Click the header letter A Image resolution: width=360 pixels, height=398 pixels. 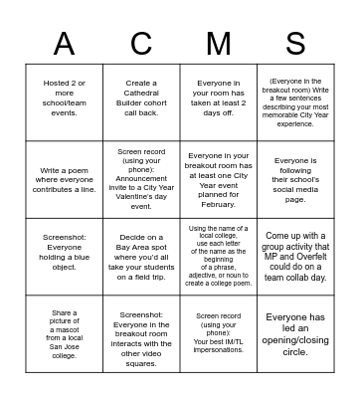64,43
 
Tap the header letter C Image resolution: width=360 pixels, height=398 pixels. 141,43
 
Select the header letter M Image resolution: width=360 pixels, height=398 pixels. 218,43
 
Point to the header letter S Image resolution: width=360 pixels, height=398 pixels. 295,43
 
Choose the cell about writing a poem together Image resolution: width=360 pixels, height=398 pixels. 64,180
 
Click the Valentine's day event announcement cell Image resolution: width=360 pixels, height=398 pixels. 141,180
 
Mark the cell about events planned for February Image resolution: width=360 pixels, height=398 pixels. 218,180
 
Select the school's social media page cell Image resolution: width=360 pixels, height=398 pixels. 295,180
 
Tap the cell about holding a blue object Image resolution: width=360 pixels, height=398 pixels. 64,257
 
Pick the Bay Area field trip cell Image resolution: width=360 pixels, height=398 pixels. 141,257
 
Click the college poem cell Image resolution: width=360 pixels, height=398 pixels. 218,257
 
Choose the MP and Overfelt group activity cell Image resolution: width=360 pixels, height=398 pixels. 295,257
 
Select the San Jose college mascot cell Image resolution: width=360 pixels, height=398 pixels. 64,333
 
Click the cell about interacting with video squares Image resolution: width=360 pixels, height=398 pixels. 141,333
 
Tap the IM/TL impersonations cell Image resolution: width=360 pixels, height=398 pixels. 218,333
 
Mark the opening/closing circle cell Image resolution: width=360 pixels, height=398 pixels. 295,333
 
